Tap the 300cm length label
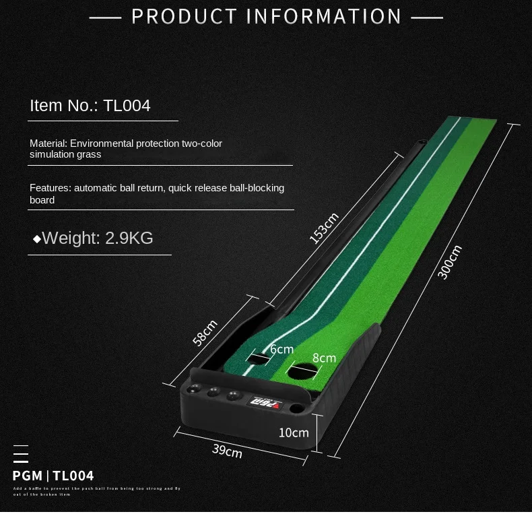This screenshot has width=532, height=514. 449,261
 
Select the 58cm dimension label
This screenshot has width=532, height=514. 205,332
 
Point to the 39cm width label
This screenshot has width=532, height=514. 227,450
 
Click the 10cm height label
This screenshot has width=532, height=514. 294,432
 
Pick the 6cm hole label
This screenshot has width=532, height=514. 281,349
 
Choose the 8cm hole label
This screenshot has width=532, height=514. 323,358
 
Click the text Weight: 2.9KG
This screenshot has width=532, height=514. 98,238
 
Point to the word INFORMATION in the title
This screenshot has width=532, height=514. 325,16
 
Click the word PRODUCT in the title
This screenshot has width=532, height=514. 184,16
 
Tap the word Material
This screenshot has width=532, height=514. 47,143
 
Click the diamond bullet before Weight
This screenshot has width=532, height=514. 36,238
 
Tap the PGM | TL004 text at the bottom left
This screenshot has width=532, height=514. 53,476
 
